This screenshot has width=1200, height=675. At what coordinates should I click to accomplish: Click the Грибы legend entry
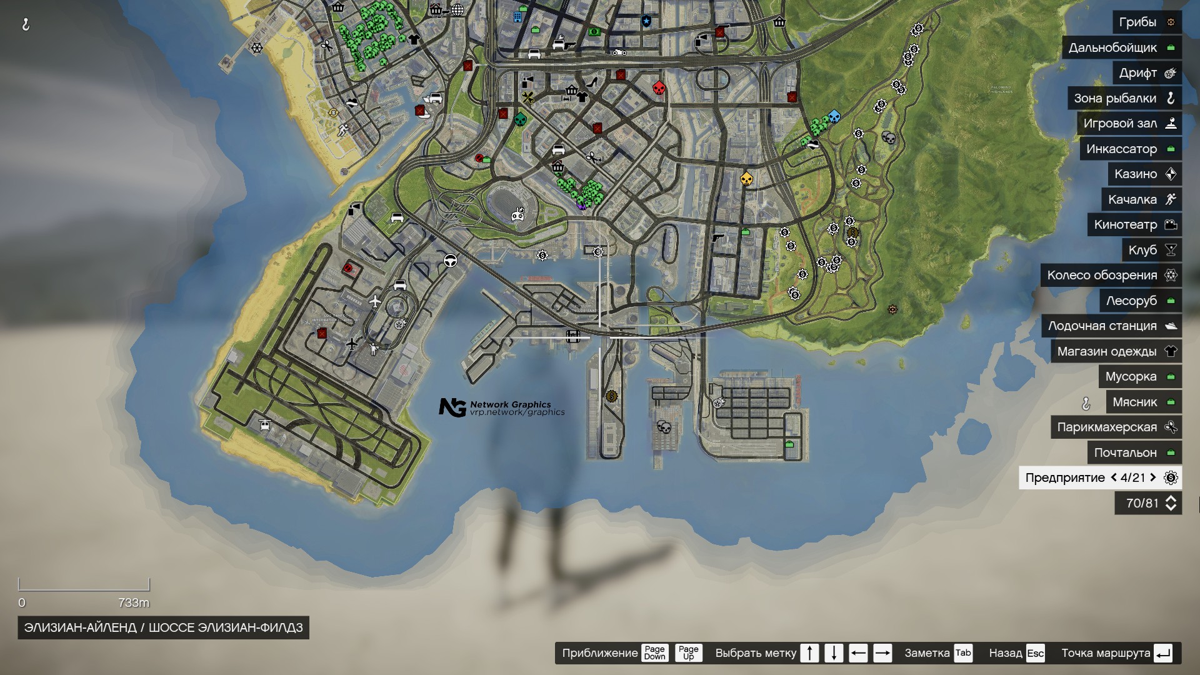[x=1146, y=22]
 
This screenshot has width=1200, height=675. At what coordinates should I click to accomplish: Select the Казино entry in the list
[x=1144, y=174]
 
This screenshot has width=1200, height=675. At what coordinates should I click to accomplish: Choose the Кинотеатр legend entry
[x=1134, y=225]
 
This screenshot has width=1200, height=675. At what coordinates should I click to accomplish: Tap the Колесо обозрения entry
[x=1111, y=276]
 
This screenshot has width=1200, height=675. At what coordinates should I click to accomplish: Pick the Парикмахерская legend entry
[x=1116, y=427]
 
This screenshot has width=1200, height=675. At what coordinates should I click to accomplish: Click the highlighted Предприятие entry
[x=1100, y=478]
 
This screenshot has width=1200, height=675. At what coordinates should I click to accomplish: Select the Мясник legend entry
[x=1143, y=402]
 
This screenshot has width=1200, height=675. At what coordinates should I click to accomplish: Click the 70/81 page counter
[x=1147, y=503]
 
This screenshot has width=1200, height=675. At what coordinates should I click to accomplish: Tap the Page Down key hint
[x=654, y=653]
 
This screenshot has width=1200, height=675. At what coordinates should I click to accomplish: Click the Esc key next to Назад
[x=1035, y=653]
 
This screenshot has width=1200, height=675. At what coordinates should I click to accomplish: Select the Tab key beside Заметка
[x=962, y=653]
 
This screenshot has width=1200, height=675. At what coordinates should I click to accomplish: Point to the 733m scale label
[x=134, y=603]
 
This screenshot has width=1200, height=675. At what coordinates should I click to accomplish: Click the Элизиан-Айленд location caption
[x=163, y=627]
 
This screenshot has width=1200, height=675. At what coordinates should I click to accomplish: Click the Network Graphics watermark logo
[x=452, y=407]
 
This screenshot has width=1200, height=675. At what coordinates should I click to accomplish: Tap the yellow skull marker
[x=746, y=179]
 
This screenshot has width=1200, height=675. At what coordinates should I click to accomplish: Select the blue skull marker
[x=834, y=117]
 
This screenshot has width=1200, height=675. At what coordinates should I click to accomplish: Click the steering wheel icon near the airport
[x=450, y=261]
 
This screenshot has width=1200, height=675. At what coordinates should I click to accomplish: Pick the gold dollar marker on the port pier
[x=612, y=396]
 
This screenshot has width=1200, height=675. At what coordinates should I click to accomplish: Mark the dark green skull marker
[x=520, y=119]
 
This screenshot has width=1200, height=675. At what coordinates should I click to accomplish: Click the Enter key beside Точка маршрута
[x=1163, y=653]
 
